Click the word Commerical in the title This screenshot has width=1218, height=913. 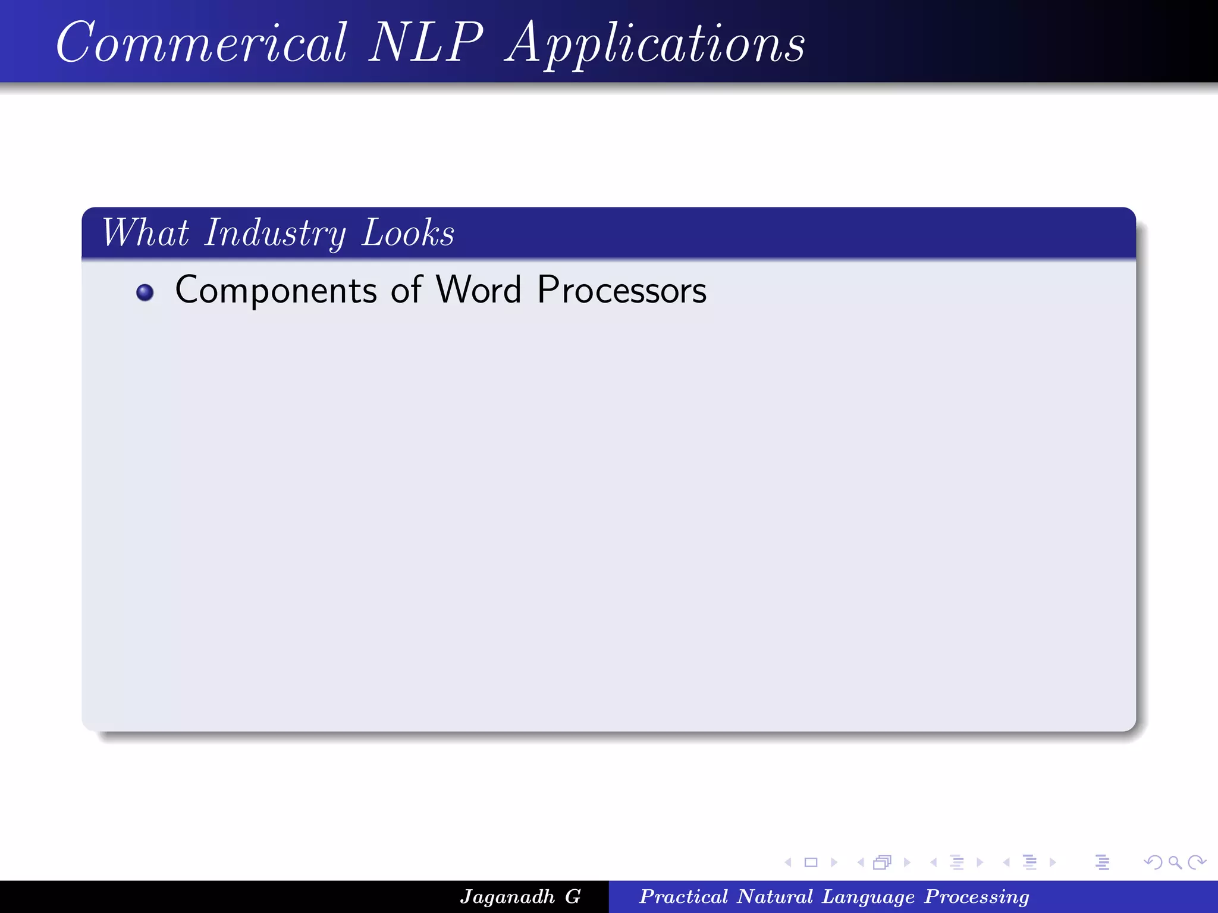[x=201, y=43]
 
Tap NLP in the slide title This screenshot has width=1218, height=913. [x=426, y=43]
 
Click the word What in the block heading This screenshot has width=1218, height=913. [x=146, y=232]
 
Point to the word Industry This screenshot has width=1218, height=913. [x=275, y=234]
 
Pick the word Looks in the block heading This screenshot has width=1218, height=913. [x=408, y=232]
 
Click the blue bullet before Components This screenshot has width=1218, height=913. [x=145, y=292]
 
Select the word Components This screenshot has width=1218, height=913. [x=276, y=291]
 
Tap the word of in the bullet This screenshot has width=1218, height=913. [x=406, y=290]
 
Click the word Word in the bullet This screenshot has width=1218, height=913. [x=479, y=290]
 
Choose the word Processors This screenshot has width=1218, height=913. [x=622, y=290]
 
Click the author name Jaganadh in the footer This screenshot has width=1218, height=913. [x=507, y=896]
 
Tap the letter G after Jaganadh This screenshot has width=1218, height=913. [x=573, y=896]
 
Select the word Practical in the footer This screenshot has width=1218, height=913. [x=683, y=896]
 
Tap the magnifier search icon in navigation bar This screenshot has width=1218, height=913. [x=1175, y=862]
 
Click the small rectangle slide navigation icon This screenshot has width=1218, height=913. [x=811, y=862]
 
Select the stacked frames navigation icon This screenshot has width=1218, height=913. [x=882, y=862]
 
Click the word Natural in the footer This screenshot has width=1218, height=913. [x=774, y=896]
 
